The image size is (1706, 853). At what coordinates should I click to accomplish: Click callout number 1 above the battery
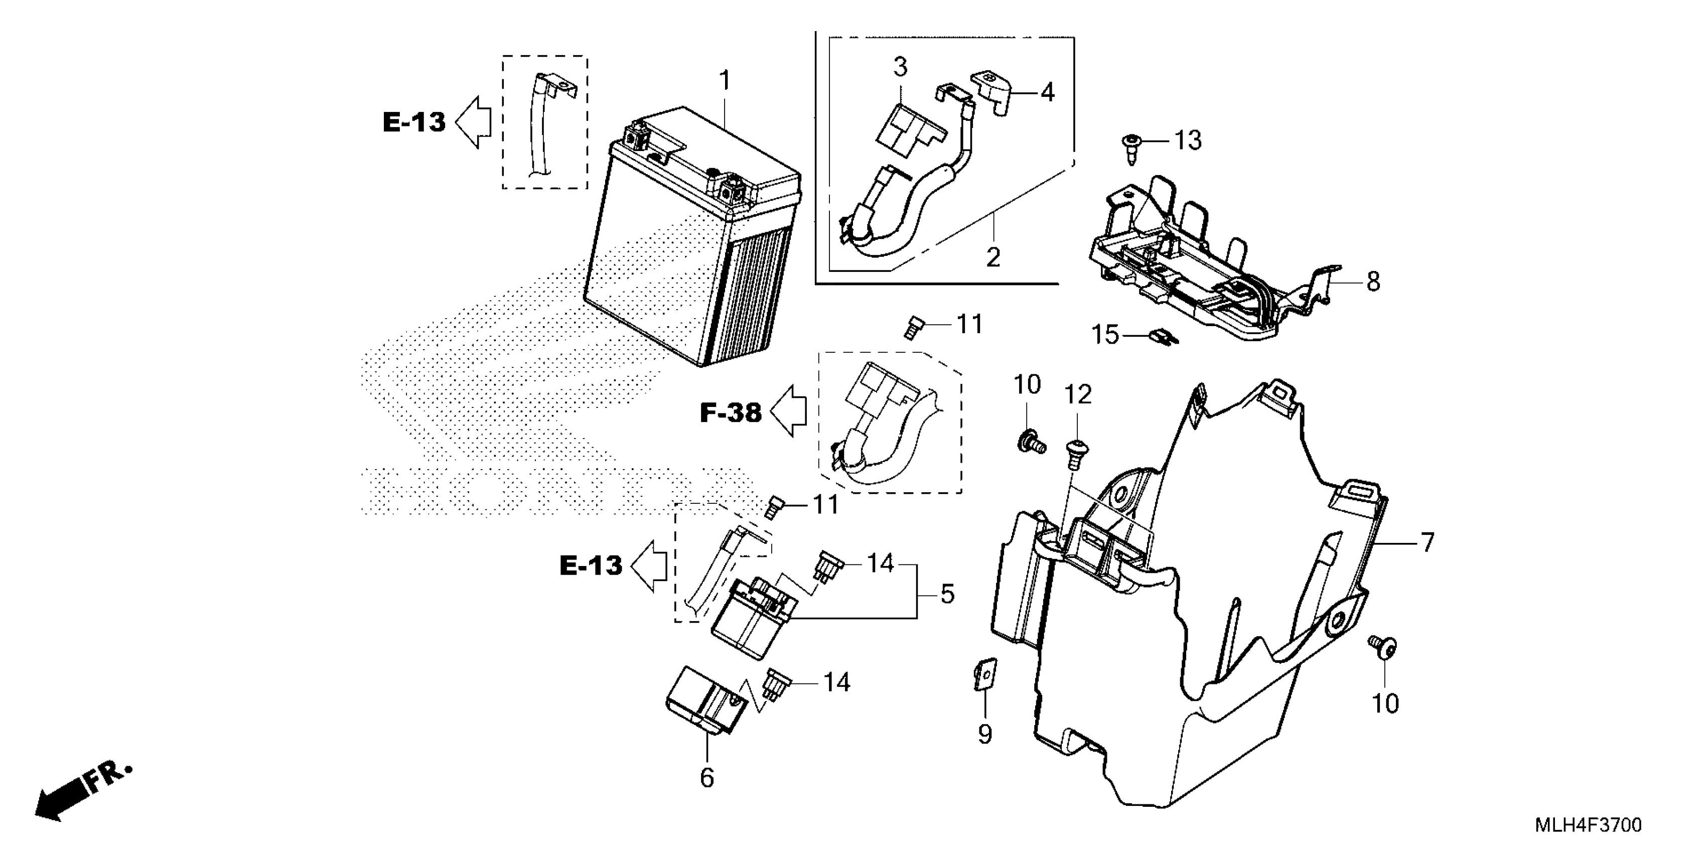[725, 81]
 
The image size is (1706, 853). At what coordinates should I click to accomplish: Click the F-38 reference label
[731, 413]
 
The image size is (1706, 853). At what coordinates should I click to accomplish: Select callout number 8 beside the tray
[1373, 281]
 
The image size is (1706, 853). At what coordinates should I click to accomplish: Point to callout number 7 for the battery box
[1427, 542]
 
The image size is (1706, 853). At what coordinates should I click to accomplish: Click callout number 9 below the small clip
[985, 734]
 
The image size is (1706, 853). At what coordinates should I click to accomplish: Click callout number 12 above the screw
[1077, 395]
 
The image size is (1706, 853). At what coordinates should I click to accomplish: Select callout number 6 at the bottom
[706, 778]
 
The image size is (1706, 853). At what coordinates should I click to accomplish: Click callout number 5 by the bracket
[948, 594]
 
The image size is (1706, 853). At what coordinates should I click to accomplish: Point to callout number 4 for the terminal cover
[1047, 92]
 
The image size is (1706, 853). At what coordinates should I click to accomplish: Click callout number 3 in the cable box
[900, 67]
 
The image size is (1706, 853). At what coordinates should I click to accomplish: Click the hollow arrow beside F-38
[791, 412]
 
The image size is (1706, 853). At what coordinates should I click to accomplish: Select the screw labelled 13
[1132, 150]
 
